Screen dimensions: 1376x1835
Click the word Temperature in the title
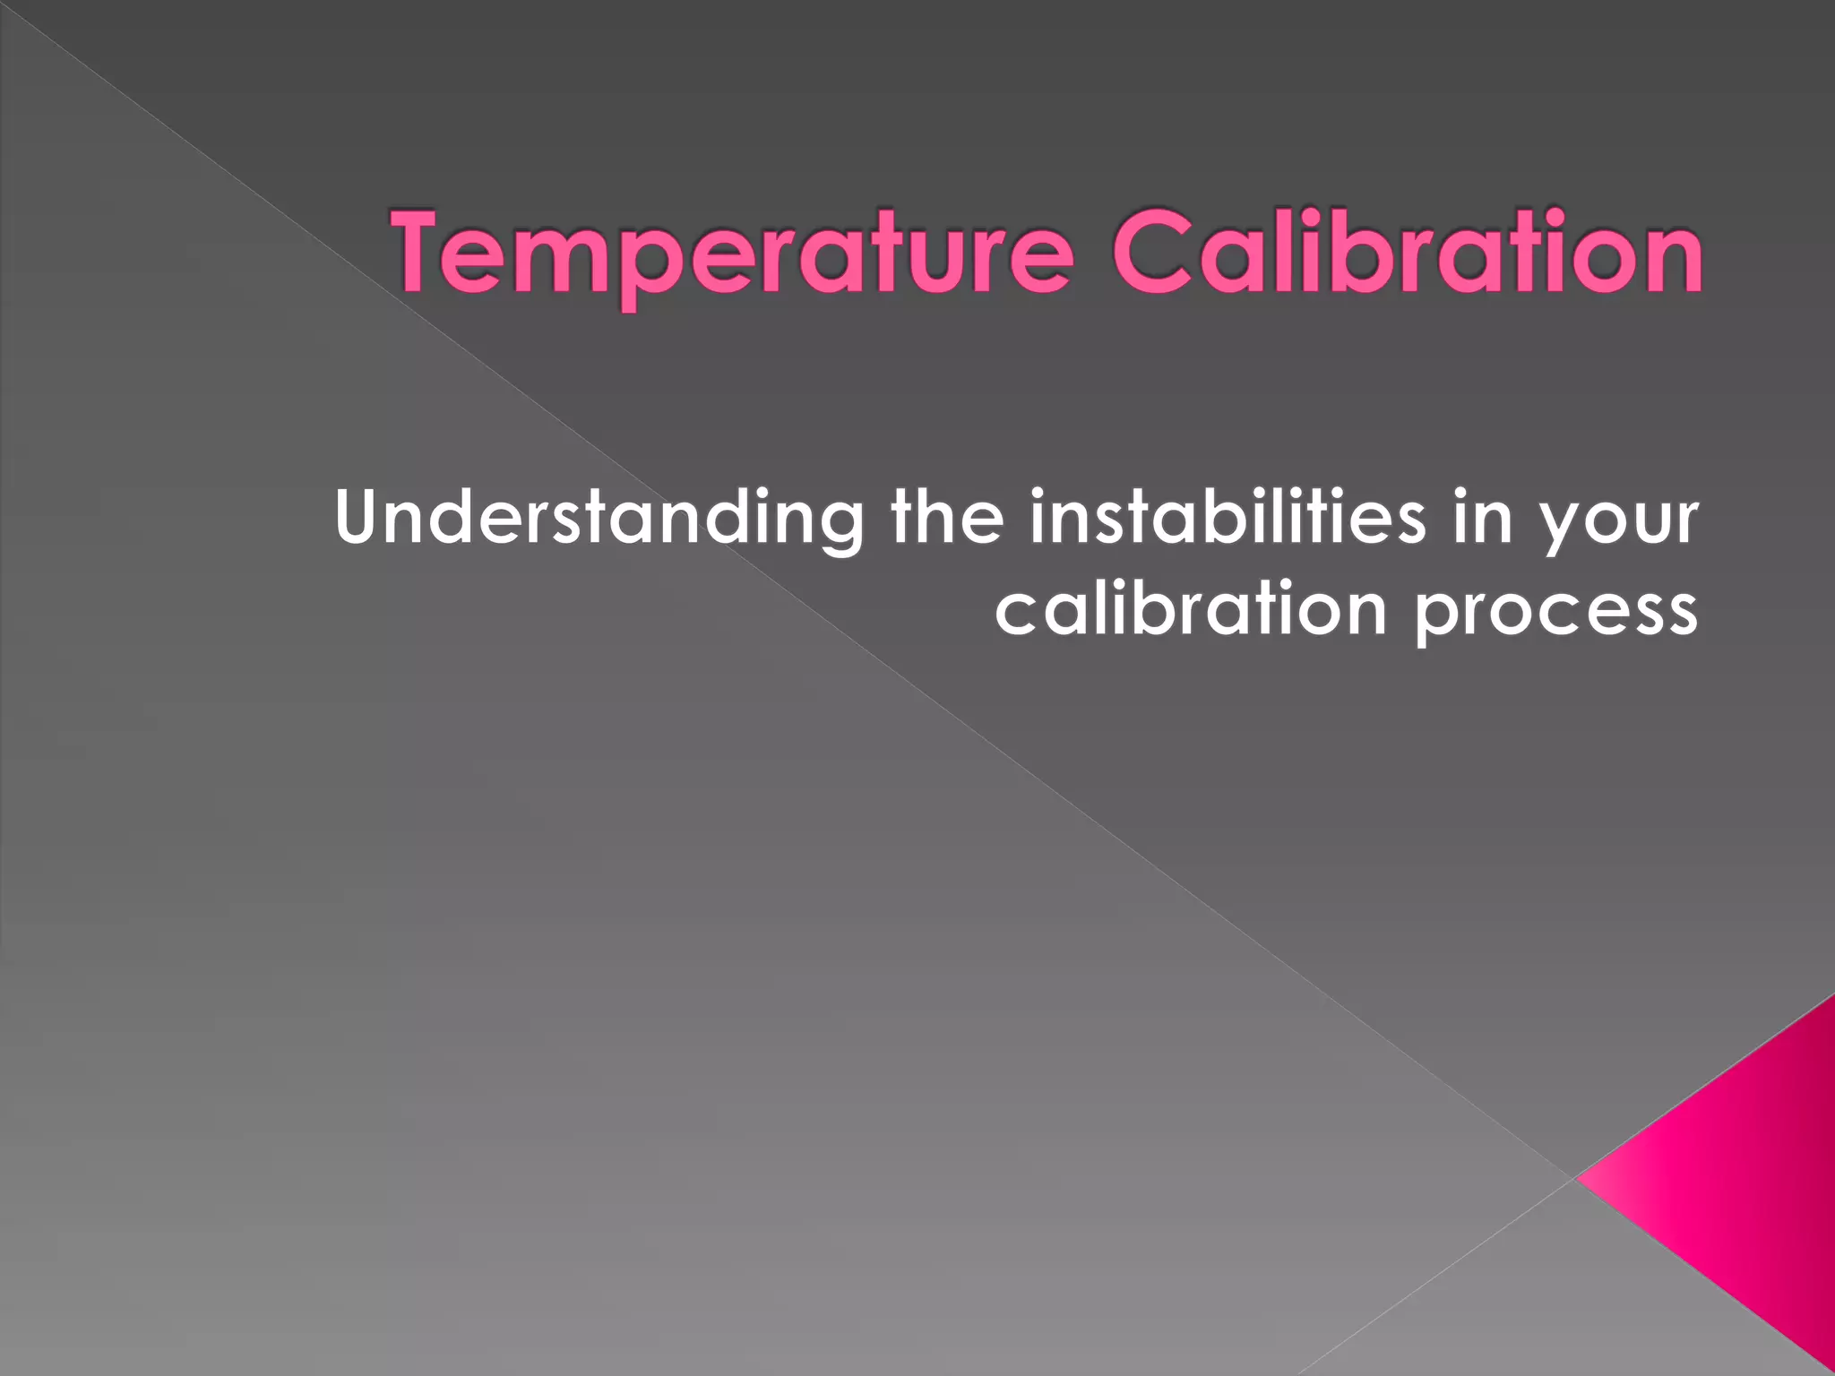point(731,253)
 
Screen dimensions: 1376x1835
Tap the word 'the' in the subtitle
point(947,517)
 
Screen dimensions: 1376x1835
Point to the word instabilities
point(1227,517)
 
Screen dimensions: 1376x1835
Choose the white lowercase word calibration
point(1191,609)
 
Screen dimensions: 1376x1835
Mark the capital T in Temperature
point(423,251)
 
